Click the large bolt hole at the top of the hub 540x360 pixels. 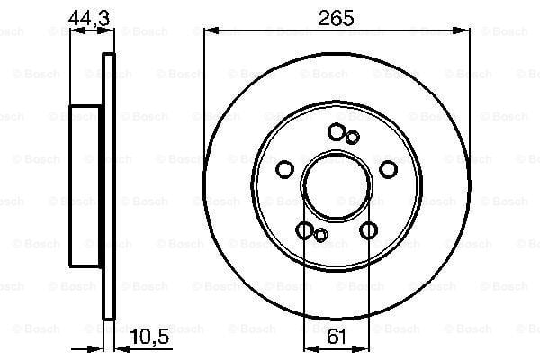coord(337,132)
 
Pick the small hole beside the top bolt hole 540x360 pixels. coord(353,137)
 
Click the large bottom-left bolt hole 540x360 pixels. coord(306,231)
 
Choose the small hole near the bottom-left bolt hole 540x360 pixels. coord(320,236)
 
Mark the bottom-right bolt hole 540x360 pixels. coord(367,231)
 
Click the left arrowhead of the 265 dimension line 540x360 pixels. coord(210,31)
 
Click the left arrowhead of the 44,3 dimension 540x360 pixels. coord(75,31)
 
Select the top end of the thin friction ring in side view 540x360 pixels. coord(110,57)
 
